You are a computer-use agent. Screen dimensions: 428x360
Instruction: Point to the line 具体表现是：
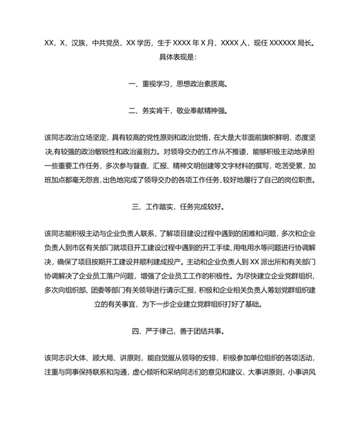179,57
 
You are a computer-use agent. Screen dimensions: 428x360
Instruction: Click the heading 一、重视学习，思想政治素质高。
179,84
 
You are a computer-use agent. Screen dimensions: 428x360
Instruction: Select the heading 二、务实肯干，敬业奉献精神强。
179,111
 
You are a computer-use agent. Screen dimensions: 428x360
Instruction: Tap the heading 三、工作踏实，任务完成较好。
179,207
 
